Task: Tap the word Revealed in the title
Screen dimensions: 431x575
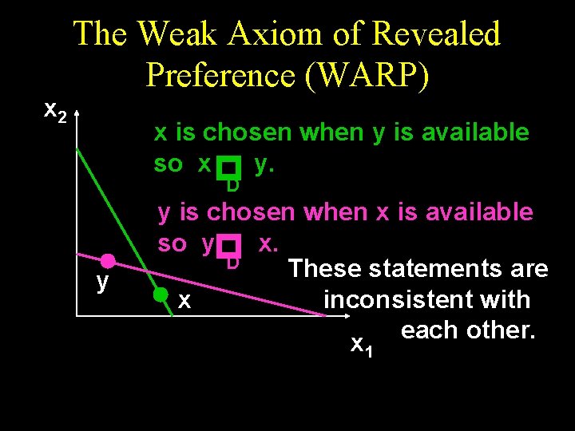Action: pyautogui.click(x=438, y=34)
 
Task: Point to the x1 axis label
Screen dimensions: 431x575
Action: pyautogui.click(x=362, y=345)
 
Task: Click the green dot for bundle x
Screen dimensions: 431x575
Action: pyautogui.click(x=161, y=294)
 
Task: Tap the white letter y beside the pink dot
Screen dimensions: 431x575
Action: pyautogui.click(x=102, y=283)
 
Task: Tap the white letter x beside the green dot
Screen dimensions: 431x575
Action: pyautogui.click(x=184, y=301)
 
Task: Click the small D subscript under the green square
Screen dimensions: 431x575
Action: pyautogui.click(x=232, y=187)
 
